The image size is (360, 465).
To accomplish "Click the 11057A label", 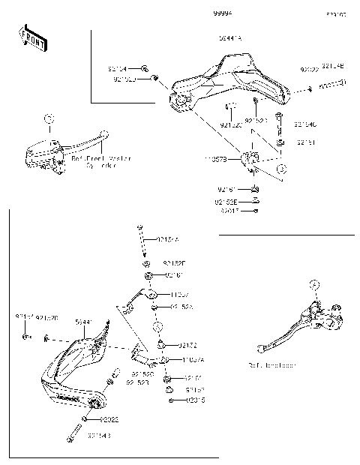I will point(193,360).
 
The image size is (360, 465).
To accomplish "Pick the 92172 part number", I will point(188,345).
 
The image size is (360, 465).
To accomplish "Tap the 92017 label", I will point(229,211).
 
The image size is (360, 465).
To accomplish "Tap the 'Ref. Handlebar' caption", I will point(271,365).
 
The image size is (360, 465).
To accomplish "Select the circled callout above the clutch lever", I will point(315,283).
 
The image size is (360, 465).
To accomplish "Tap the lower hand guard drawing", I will point(75,367).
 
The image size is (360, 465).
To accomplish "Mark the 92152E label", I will point(226,202).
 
